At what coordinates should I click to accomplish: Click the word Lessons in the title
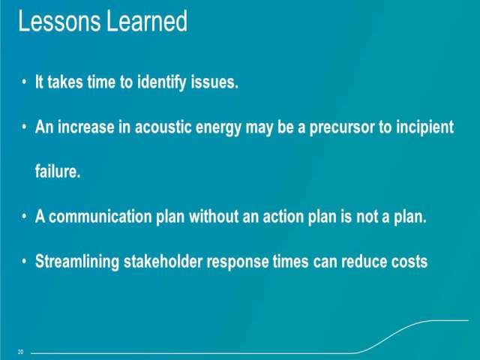(59, 21)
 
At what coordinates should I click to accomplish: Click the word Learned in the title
(147, 21)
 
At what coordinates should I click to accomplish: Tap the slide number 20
(20, 352)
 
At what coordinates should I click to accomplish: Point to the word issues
(214, 82)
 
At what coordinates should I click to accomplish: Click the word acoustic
(163, 127)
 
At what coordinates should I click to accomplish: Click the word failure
(58, 171)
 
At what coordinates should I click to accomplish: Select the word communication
(100, 217)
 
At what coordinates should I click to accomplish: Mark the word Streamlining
(77, 262)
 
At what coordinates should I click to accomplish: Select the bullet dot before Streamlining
(24, 262)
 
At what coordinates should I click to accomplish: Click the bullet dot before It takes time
(24, 82)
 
